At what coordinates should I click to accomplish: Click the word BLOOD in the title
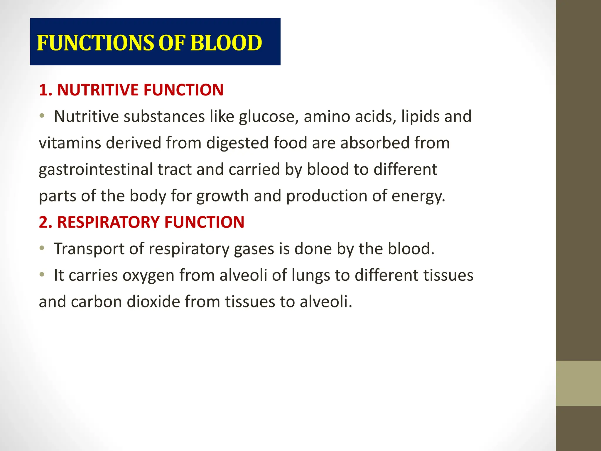(x=226, y=43)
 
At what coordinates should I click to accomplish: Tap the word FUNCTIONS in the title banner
(x=95, y=43)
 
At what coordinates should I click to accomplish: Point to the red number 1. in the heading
(x=45, y=90)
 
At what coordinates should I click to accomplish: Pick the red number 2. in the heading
(x=45, y=222)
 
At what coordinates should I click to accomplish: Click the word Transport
(x=89, y=249)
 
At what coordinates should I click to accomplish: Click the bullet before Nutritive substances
(x=42, y=116)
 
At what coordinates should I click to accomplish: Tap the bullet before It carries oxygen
(x=42, y=275)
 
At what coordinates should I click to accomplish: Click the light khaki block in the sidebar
(x=578, y=383)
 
